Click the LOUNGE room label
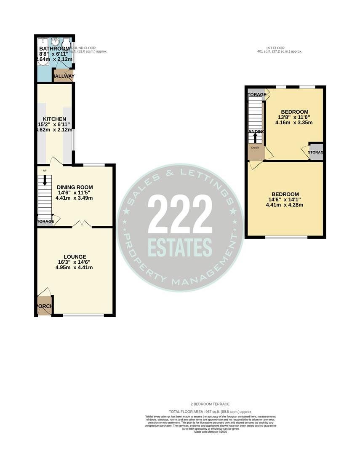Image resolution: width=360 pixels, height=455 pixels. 75,257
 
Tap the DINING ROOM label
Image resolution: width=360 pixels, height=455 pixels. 75,187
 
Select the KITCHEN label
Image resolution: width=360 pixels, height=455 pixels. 54,119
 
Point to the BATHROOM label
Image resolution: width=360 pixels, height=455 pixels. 54,48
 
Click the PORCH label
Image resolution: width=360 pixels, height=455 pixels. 43,306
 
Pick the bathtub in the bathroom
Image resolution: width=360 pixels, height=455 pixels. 43,52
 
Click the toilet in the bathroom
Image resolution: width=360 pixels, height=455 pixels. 67,44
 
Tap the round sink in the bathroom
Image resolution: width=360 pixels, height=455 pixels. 55,43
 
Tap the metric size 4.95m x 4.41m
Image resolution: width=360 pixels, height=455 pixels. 75,268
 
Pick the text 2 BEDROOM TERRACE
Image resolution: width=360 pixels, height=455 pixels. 210,404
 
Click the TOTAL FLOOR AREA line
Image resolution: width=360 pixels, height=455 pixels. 210,411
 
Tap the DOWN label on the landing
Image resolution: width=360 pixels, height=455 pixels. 255,148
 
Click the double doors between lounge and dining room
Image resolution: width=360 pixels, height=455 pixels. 81,225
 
